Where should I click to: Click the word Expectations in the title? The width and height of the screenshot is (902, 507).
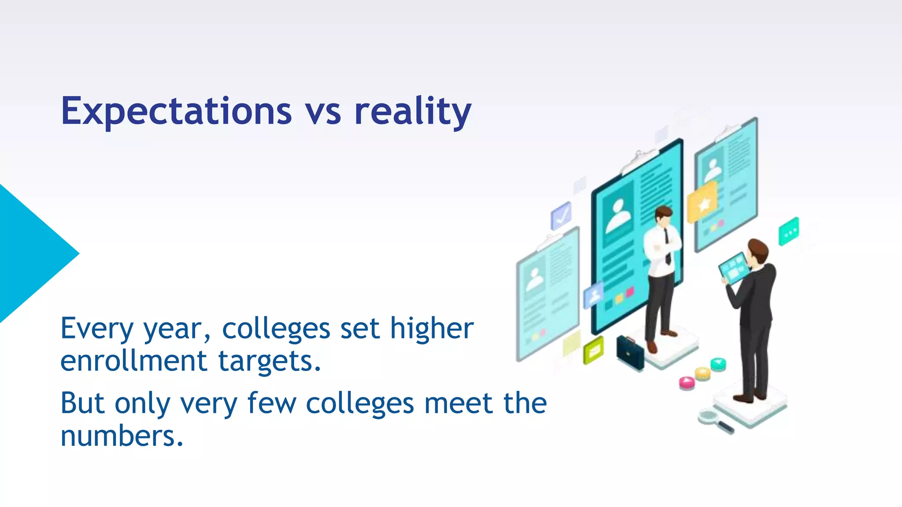tap(176, 111)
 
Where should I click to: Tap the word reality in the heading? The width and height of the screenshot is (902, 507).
tap(413, 111)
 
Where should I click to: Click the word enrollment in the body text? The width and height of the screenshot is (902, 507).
tap(133, 361)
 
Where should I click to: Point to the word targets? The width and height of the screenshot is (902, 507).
tap(270, 362)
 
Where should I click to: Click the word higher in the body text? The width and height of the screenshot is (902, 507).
tap(432, 329)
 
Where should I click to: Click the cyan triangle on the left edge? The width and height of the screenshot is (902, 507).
tap(31, 253)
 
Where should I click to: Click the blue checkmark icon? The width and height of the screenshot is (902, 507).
tap(561, 216)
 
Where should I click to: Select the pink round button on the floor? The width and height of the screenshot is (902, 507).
tap(687, 382)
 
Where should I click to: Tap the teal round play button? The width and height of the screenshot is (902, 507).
tap(718, 364)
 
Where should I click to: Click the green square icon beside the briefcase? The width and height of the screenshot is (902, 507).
tap(593, 350)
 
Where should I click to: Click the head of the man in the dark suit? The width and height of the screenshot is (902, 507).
tap(758, 251)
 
